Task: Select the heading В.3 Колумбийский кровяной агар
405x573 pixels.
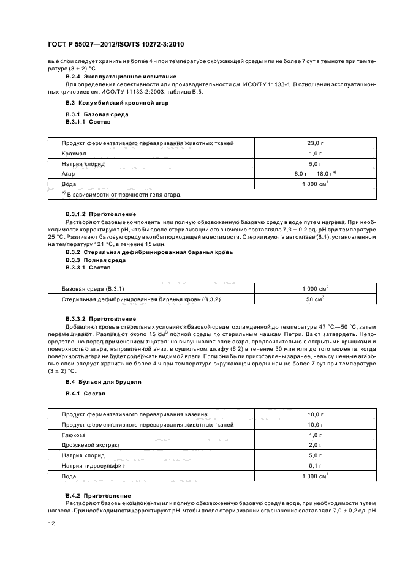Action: [x=108, y=103]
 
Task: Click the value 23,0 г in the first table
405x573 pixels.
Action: [x=315, y=143]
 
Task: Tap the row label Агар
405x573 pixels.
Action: [x=68, y=174]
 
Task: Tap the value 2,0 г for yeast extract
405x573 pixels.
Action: [x=315, y=445]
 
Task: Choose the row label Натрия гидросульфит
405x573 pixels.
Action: [x=92, y=465]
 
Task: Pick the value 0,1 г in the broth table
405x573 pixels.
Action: [x=315, y=465]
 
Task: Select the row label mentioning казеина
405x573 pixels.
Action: [x=134, y=414]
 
